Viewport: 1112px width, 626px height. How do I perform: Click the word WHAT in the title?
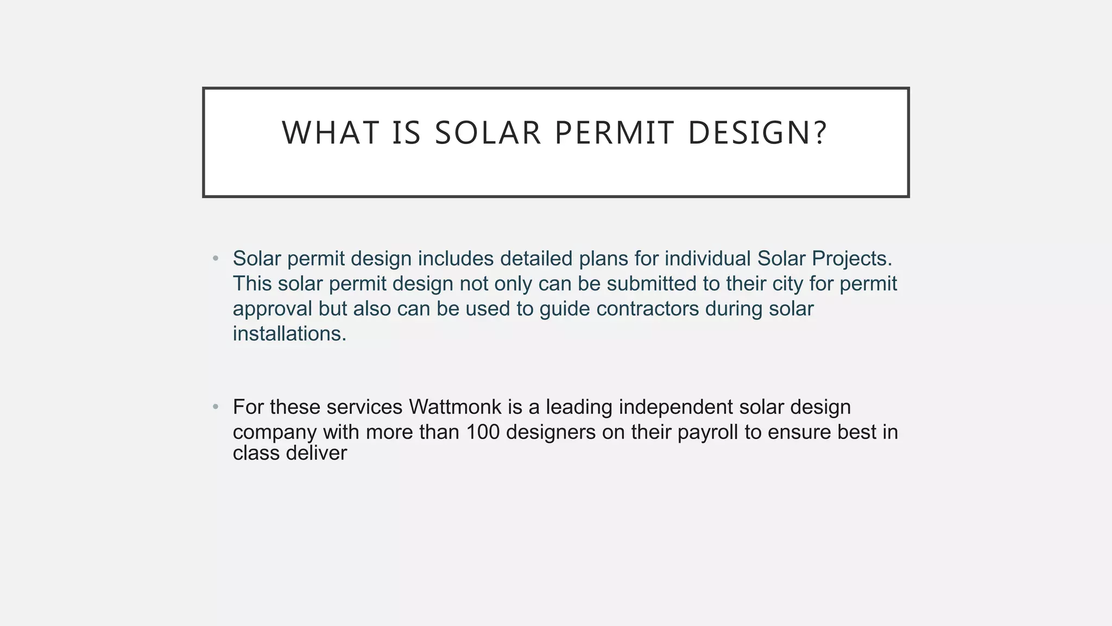tap(330, 133)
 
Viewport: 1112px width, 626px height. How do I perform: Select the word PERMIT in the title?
tap(614, 133)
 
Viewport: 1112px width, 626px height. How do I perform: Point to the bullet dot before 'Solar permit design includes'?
tap(216, 259)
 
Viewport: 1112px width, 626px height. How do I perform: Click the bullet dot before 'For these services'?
tap(216, 406)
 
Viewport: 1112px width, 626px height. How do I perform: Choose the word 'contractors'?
tap(648, 309)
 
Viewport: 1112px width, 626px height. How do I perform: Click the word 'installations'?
tap(288, 334)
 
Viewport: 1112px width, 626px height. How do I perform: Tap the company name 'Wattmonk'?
tap(455, 406)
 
